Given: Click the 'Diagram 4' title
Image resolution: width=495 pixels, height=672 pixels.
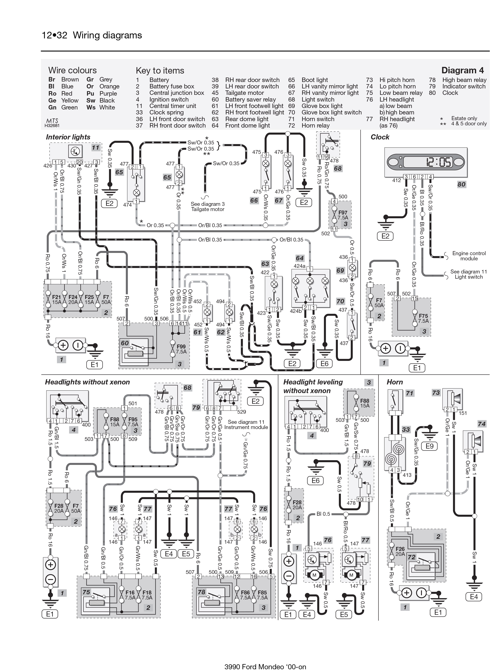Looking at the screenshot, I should pyautogui.click(x=462, y=70).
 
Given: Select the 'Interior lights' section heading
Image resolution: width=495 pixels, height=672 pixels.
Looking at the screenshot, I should pyautogui.click(x=68, y=137).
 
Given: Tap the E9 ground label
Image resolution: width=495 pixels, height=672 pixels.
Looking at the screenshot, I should pyautogui.click(x=429, y=446).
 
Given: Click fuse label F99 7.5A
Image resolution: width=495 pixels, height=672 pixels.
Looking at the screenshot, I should pyautogui.click(x=181, y=349).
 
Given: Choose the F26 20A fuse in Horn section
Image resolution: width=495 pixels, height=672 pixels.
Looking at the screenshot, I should pyautogui.click(x=400, y=551).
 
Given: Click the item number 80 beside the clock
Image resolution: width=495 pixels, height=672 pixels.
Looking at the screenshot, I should pyautogui.click(x=461, y=185).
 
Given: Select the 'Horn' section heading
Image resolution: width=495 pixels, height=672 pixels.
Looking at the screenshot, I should pyautogui.click(x=395, y=382).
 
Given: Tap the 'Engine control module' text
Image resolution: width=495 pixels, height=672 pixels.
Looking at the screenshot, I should pyautogui.click(x=469, y=256).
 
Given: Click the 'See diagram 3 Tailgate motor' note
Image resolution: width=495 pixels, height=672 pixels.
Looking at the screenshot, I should pyautogui.click(x=208, y=207).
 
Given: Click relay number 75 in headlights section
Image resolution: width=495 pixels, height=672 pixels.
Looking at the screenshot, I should pyautogui.click(x=86, y=592).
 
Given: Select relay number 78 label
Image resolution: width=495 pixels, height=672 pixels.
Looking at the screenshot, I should pyautogui.click(x=201, y=592).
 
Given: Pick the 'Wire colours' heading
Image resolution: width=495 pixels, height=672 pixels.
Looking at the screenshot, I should pyautogui.click(x=73, y=70).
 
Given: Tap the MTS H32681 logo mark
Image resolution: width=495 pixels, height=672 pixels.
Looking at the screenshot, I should pyautogui.click(x=52, y=123).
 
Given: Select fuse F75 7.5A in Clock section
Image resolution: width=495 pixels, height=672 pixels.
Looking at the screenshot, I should pyautogui.click(x=423, y=318).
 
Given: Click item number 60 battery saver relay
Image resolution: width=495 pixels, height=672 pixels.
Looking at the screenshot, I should pyautogui.click(x=125, y=343).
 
